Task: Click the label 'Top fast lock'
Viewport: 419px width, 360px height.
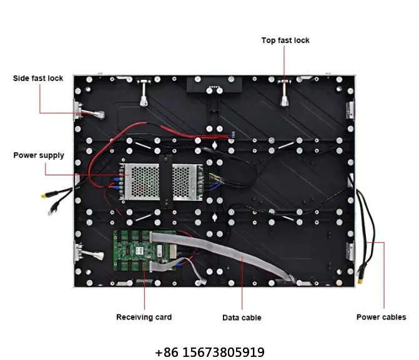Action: pos(285,41)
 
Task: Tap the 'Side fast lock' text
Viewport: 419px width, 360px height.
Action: pos(38,79)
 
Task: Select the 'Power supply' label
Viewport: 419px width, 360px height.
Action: pos(39,155)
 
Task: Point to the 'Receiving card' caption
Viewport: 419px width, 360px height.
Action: pos(144,317)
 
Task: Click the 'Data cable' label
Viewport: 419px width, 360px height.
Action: pos(242,318)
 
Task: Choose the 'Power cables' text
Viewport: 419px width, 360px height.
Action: pos(381,317)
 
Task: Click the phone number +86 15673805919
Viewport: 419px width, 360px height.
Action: pos(209,353)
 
